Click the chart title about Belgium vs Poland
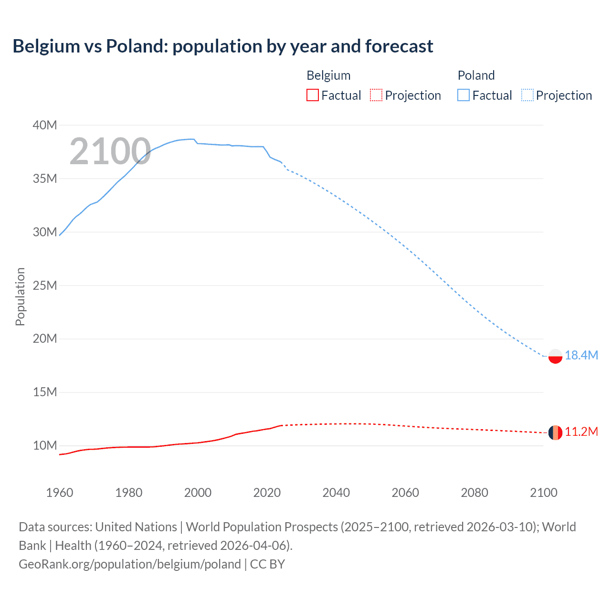click(222, 46)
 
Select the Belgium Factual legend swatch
click(312, 95)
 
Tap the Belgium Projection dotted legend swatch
click(376, 95)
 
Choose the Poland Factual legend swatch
click(464, 95)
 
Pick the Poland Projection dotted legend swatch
click(527, 95)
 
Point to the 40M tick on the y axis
click(45, 125)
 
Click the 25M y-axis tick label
click(45, 285)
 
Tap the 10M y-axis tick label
click(45, 445)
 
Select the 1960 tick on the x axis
click(60, 493)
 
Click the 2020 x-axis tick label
click(267, 493)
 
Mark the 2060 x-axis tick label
click(405, 493)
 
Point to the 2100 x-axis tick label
click(543, 493)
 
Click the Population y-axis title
click(20, 296)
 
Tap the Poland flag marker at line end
click(555, 356)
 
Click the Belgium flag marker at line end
click(555, 432)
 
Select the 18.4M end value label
click(581, 355)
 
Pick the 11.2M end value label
click(581, 432)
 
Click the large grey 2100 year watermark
click(110, 151)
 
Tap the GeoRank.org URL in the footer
click(130, 564)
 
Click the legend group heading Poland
click(476, 75)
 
